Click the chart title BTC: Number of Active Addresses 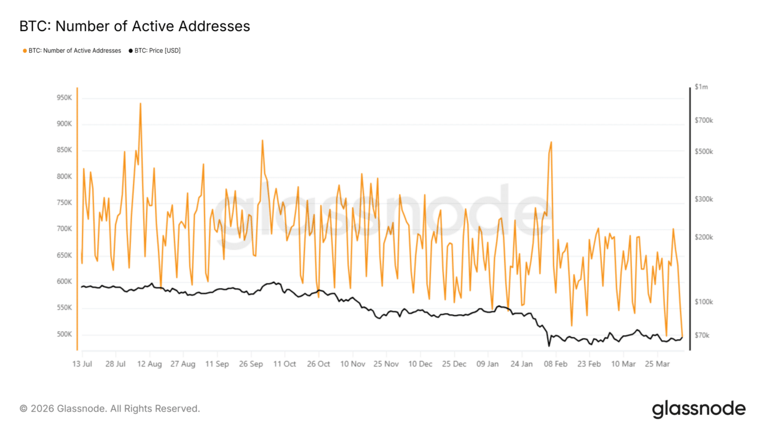tap(135, 26)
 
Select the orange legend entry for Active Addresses tap(72, 51)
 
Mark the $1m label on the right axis tap(702, 87)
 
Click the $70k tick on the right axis tap(701, 335)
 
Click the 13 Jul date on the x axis tap(82, 364)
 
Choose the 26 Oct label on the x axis tap(319, 364)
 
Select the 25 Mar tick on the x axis tap(658, 364)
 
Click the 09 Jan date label tap(488, 364)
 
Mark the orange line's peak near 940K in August tap(140, 104)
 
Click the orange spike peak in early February tap(551, 142)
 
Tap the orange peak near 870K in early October tap(262, 141)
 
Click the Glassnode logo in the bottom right tap(698, 409)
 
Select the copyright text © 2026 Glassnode tap(110, 409)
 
